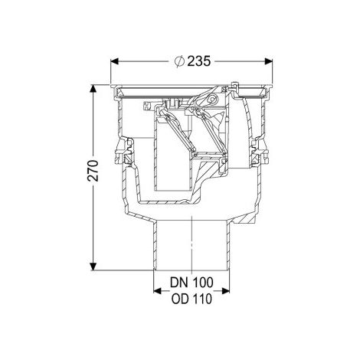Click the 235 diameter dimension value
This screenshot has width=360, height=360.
[x=199, y=61]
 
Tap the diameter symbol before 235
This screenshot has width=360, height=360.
[x=179, y=61]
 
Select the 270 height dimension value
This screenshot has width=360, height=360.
[x=93, y=171]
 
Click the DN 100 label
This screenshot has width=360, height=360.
[x=191, y=283]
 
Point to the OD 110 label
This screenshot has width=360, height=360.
[x=191, y=299]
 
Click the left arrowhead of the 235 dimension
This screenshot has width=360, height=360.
[x=114, y=61]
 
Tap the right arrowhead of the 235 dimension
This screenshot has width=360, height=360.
[x=268, y=61]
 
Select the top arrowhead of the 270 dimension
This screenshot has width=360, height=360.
[x=93, y=89]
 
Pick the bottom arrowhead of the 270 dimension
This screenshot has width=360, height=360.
[x=93, y=267]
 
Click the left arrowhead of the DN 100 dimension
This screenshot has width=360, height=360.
[x=157, y=291]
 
